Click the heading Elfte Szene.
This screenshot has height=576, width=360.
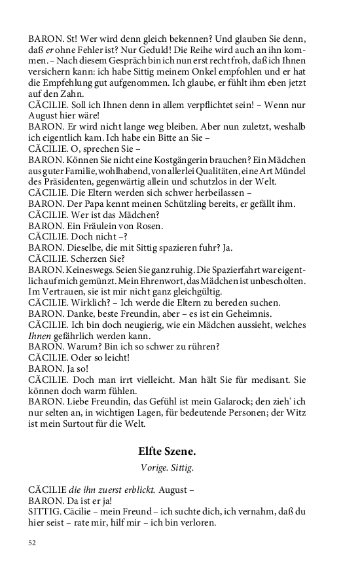tap(167, 451)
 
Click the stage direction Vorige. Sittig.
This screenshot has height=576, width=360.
tap(167, 467)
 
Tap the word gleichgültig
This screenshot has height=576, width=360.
tap(190, 291)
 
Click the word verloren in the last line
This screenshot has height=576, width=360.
tap(198, 523)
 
